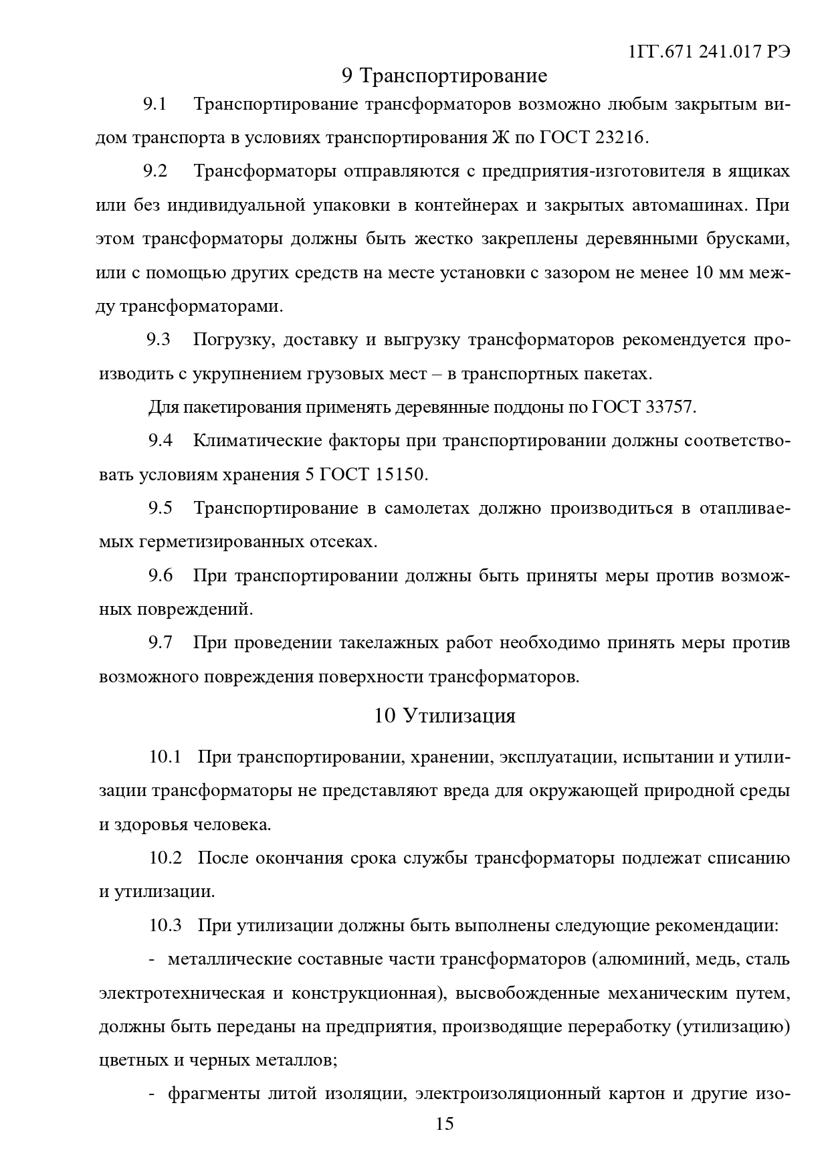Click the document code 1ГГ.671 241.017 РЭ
(710, 52)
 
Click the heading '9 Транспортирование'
(444, 76)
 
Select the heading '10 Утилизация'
(445, 716)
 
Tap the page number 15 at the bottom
(445, 1123)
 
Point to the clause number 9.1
(154, 104)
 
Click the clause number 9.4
(160, 441)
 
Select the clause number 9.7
(160, 643)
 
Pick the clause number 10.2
(165, 858)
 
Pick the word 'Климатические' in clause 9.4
(256, 441)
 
